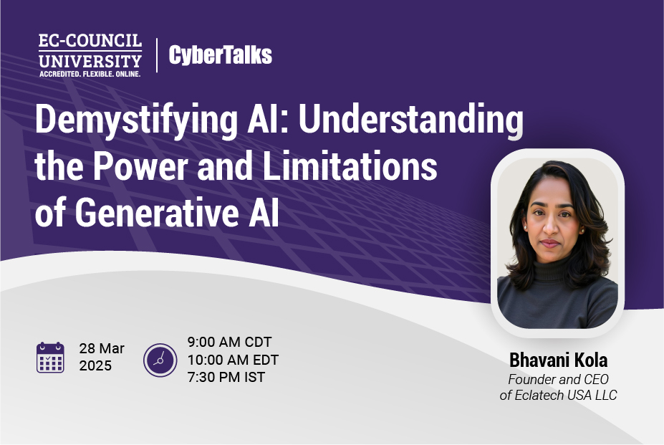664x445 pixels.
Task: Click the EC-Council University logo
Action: pyautogui.click(x=90, y=54)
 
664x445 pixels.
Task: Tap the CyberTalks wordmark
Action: pyautogui.click(x=220, y=55)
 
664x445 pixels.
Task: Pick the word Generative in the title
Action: pyautogui.click(x=152, y=213)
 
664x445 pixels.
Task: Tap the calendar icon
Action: pyautogui.click(x=50, y=358)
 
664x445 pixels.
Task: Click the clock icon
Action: pyautogui.click(x=160, y=360)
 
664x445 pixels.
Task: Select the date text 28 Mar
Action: pyautogui.click(x=102, y=349)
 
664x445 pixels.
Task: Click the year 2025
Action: pyautogui.click(x=95, y=366)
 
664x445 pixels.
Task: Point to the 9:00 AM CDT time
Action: pyautogui.click(x=229, y=342)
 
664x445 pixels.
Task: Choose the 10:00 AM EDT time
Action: pyautogui.click(x=233, y=360)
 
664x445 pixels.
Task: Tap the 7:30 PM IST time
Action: pyautogui.click(x=226, y=377)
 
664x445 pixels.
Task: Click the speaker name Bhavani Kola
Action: pyautogui.click(x=558, y=360)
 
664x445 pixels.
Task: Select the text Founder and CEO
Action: pyautogui.click(x=558, y=380)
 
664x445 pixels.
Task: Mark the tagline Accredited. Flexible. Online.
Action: pyautogui.click(x=90, y=73)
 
